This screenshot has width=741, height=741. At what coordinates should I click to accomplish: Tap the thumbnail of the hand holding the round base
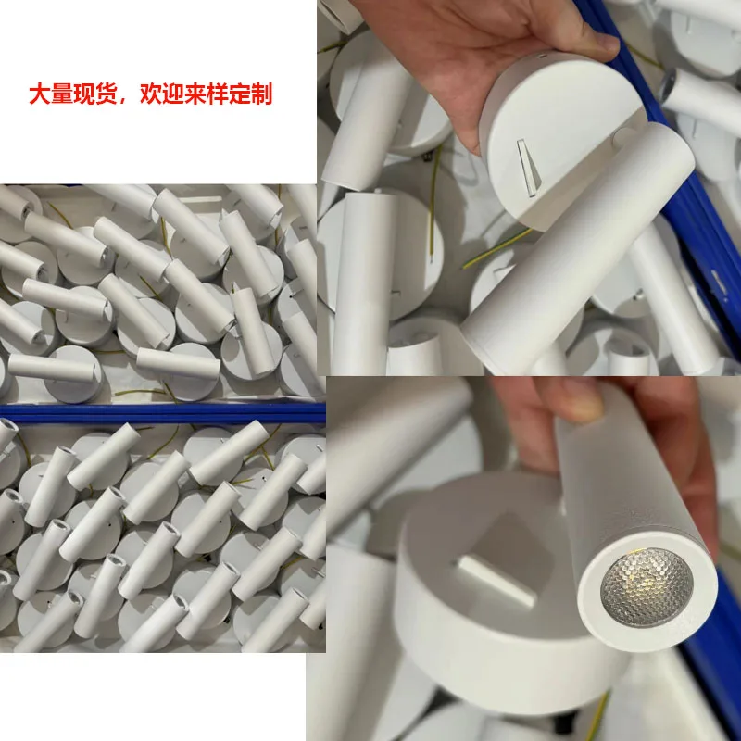[x=528, y=185]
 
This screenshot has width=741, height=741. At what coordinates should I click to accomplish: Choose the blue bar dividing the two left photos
[x=162, y=413]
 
